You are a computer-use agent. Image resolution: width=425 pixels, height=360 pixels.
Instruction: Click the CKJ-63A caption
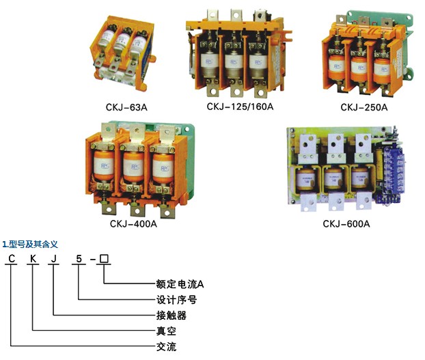[x=126, y=107]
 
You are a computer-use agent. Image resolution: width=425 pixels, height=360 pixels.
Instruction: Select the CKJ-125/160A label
[x=240, y=107]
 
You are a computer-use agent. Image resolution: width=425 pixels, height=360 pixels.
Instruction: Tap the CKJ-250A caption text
[x=364, y=107]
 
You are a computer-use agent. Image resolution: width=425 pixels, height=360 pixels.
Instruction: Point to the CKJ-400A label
[x=133, y=224]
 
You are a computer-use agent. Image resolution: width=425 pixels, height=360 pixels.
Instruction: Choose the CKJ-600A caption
[x=346, y=224]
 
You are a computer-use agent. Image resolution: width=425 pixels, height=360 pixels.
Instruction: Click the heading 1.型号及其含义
[x=30, y=245]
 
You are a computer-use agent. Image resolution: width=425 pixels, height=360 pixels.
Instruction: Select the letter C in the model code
[x=12, y=259]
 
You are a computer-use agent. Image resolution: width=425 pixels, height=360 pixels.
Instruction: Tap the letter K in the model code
[x=33, y=259]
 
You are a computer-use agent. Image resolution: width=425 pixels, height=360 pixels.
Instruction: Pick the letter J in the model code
[x=54, y=259]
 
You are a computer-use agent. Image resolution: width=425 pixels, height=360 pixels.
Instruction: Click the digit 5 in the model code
[x=79, y=259]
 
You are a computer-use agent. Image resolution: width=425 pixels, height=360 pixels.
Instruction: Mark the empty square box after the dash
[x=104, y=259]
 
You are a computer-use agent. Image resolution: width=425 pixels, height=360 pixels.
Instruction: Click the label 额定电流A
[x=180, y=284]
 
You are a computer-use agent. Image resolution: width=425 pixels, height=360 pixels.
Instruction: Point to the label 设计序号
[x=176, y=300]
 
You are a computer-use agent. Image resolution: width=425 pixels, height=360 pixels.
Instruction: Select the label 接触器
[x=172, y=316]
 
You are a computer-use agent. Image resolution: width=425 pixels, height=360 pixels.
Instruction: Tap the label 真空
[x=166, y=331]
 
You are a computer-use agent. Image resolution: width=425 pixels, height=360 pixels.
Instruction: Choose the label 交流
[x=166, y=347]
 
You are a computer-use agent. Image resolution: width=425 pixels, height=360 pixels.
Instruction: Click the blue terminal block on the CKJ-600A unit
[x=391, y=176]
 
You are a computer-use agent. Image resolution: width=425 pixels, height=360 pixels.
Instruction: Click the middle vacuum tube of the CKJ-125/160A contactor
[x=234, y=64]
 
